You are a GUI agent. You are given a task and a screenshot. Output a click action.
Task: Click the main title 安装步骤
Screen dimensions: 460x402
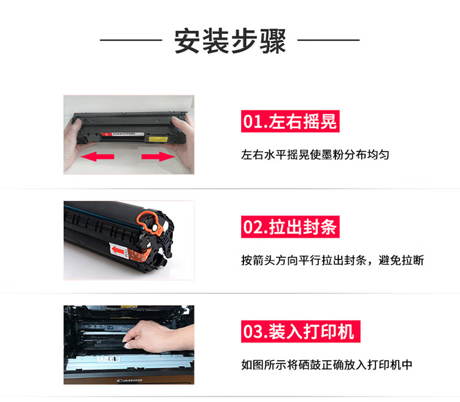[x=230, y=41]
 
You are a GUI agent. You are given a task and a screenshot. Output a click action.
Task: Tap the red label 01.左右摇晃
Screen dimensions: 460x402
[x=290, y=122]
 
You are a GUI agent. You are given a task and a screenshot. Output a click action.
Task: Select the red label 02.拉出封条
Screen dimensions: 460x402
[x=290, y=226]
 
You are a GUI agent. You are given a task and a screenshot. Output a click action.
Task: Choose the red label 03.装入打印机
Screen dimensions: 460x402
[x=301, y=331]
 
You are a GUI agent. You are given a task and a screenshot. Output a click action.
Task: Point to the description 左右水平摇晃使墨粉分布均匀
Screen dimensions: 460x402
[x=315, y=155]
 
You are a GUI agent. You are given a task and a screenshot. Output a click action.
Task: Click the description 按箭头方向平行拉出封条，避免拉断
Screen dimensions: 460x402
[x=332, y=260]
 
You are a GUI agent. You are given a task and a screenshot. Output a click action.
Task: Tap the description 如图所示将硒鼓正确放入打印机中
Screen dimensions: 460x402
[x=326, y=365]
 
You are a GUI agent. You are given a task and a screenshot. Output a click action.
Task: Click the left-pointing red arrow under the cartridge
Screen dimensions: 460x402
[x=98, y=157]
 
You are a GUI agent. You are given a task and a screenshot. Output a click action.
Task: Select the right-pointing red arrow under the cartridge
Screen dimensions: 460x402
[x=158, y=157]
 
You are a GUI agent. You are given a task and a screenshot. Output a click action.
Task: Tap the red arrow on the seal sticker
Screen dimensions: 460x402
[x=117, y=250]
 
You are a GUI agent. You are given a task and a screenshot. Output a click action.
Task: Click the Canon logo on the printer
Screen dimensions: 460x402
[x=129, y=381]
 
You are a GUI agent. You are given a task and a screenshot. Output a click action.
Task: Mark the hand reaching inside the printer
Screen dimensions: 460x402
[x=158, y=337]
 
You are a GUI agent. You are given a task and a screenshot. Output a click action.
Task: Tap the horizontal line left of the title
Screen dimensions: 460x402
[x=131, y=40]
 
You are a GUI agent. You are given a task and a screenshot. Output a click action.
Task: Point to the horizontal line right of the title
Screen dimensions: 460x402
[x=329, y=40]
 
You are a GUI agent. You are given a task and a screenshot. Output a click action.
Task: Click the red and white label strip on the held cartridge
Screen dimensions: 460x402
[x=123, y=134]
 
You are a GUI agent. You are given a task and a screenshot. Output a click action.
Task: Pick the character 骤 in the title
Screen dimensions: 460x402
[x=273, y=41]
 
